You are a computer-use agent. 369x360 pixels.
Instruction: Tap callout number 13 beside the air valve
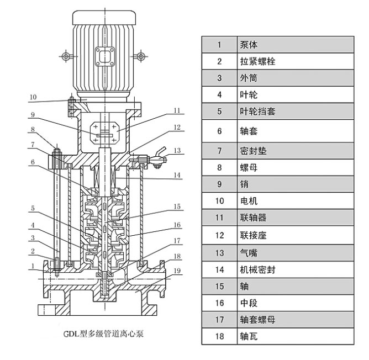pos(177,150)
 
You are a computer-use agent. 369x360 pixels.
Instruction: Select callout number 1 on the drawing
pos(33,264)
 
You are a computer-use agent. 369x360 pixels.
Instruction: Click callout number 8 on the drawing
pos(33,130)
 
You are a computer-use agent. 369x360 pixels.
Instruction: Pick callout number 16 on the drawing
pos(177,225)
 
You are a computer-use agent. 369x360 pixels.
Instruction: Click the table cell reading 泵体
pos(249,45)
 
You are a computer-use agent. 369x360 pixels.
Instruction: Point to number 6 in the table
pos(219,131)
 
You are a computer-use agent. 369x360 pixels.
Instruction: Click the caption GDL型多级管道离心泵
pos(103,333)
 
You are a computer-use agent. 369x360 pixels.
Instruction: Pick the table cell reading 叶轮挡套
pos(257,112)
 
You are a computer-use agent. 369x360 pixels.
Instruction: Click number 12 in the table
pos(219,235)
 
